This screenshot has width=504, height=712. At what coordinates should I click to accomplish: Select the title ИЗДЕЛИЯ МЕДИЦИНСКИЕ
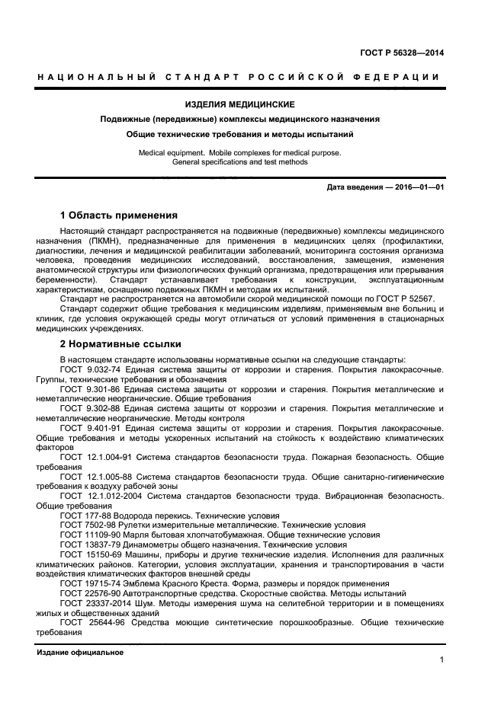coord(251,104)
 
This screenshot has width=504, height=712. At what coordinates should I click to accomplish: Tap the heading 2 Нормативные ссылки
coord(119,343)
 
